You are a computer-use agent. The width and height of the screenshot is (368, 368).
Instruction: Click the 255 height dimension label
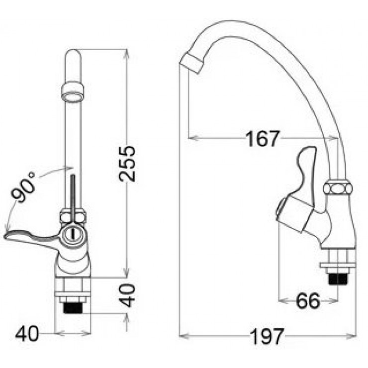tap(128, 164)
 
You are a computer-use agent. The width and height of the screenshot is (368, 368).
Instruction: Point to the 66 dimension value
tap(308, 301)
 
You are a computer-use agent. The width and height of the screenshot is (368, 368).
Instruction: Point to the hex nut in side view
tap(338, 189)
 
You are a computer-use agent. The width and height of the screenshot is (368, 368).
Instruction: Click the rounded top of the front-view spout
tap(73, 53)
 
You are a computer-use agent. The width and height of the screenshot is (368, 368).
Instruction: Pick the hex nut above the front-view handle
tap(73, 216)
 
